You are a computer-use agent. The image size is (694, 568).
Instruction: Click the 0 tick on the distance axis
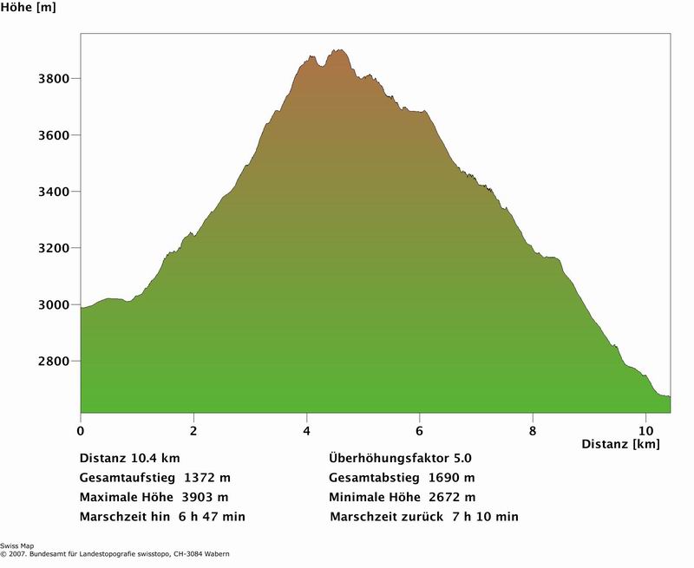81,429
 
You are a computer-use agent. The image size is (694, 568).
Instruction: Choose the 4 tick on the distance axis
307,429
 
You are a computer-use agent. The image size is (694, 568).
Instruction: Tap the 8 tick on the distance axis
533,429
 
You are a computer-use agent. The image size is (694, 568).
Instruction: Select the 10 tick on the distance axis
645,429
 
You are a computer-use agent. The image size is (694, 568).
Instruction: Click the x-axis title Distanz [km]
620,445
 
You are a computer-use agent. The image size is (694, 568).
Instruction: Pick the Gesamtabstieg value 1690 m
452,478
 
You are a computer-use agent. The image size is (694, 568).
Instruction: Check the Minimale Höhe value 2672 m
451,498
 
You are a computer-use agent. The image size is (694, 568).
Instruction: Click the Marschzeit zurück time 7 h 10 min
486,518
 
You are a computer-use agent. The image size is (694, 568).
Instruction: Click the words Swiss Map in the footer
17,546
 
